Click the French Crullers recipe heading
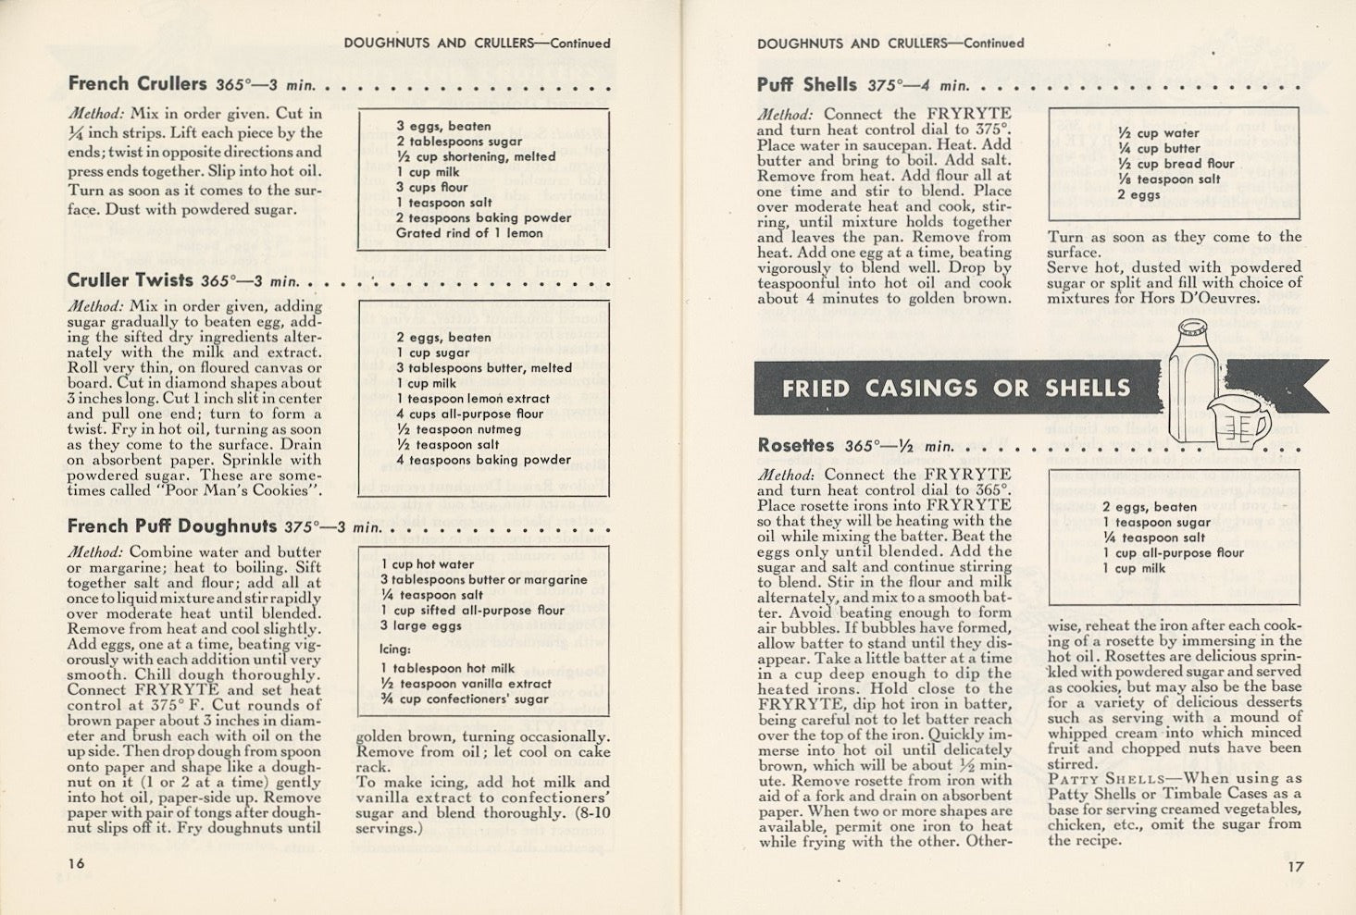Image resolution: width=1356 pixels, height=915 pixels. [137, 84]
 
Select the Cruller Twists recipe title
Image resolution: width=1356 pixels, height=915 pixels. [130, 280]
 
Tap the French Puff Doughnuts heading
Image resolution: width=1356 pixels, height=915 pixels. [171, 526]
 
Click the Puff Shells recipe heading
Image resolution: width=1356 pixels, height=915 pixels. [806, 85]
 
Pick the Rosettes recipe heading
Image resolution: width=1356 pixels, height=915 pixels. [795, 446]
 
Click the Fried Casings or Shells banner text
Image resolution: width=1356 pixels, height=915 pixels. [955, 389]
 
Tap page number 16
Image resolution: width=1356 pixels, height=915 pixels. [76, 862]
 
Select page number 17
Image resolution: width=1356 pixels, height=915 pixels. [1294, 867]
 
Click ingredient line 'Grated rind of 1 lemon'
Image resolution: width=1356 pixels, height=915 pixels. [469, 233]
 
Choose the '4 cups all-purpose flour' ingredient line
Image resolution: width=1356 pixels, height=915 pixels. [470, 414]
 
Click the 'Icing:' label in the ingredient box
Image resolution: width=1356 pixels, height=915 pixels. [395, 649]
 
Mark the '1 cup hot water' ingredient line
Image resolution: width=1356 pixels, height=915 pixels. [427, 564]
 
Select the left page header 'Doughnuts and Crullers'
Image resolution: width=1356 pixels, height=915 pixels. [438, 43]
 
